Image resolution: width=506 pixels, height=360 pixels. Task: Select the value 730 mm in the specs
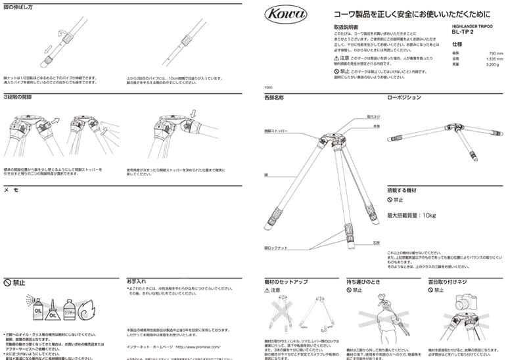point(495,54)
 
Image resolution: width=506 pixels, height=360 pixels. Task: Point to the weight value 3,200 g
point(493,64)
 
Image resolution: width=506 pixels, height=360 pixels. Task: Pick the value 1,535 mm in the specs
point(494,59)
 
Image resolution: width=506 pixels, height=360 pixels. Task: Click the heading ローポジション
point(404,97)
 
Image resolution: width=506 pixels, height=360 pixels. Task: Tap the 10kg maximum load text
point(411,215)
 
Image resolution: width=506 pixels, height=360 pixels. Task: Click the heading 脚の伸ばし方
point(18,7)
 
